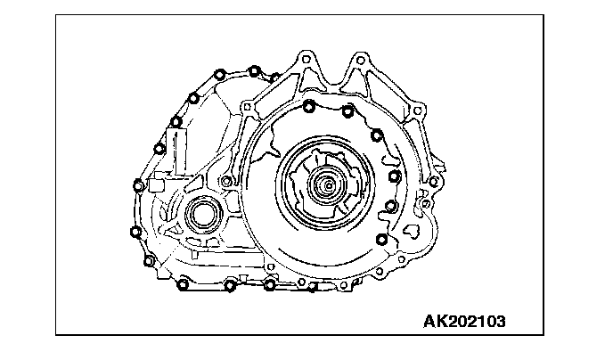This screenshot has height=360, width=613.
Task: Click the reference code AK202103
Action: click(x=464, y=322)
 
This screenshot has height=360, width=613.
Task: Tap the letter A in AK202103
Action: click(x=429, y=322)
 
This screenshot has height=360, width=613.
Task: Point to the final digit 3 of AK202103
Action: click(x=500, y=322)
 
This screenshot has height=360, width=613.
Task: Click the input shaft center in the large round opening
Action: click(x=329, y=185)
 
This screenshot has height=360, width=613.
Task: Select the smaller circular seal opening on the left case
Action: click(x=203, y=215)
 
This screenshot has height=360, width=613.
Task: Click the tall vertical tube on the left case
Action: click(x=180, y=151)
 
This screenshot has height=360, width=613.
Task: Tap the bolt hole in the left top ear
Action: click(x=306, y=60)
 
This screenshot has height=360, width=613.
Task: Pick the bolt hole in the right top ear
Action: click(x=361, y=61)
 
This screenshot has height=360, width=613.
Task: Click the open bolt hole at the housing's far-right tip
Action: click(x=433, y=182)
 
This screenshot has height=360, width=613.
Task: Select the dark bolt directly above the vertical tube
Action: click(x=176, y=122)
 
